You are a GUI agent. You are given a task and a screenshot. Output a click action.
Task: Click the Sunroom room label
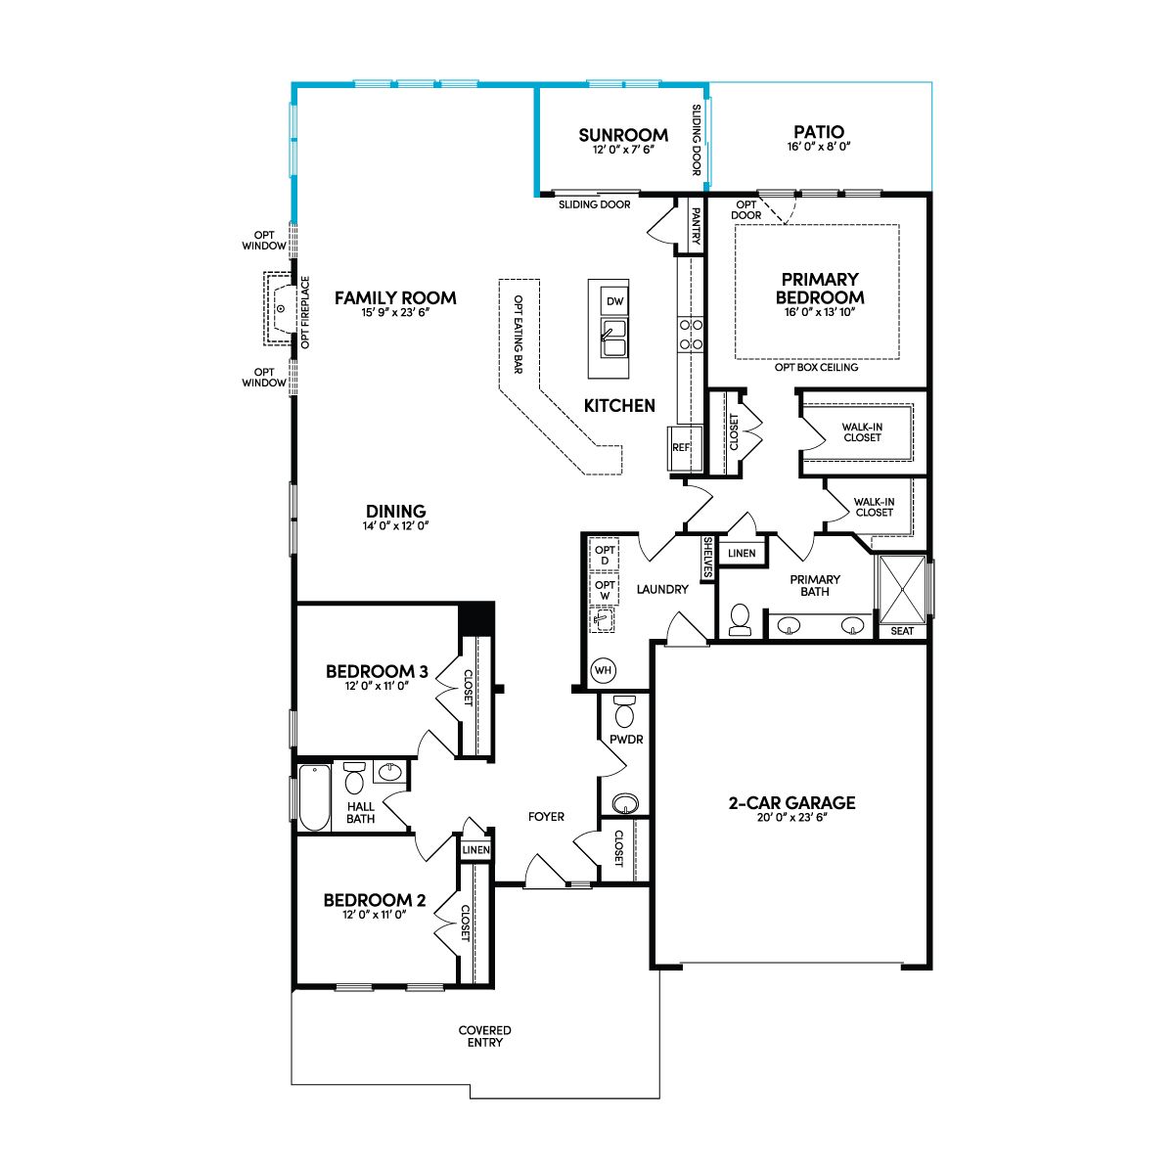pos(622,135)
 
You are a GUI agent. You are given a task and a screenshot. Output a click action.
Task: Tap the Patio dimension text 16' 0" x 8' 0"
pos(818,146)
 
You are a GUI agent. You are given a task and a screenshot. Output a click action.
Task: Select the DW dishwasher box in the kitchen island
pos(614,301)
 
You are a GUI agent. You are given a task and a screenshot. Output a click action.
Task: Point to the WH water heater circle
pos(603,671)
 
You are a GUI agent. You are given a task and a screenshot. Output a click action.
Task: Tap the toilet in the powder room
pos(624,711)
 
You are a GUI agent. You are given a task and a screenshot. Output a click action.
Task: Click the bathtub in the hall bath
pos(314,797)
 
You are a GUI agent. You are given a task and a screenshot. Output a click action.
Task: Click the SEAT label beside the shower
pos(902,631)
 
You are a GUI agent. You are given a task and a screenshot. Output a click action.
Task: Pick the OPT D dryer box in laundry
pos(605,555)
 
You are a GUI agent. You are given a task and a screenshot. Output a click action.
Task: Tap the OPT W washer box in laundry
pos(605,590)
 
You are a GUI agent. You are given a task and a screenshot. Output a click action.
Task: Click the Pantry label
pos(696,226)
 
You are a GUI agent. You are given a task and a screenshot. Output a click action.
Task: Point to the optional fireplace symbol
pos(281,309)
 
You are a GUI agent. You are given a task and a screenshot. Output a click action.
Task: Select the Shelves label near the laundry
pos(708,558)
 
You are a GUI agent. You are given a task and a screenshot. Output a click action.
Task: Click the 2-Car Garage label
pos(792,803)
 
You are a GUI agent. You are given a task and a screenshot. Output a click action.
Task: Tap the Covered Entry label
pos(485,1036)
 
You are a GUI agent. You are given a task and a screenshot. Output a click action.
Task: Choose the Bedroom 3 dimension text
pos(377,686)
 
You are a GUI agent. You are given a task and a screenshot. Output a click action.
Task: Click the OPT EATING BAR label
pos(519,335)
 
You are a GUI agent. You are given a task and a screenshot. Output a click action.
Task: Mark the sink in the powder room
pos(625,803)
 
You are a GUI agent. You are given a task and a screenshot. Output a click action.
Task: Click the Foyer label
pos(546,816)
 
